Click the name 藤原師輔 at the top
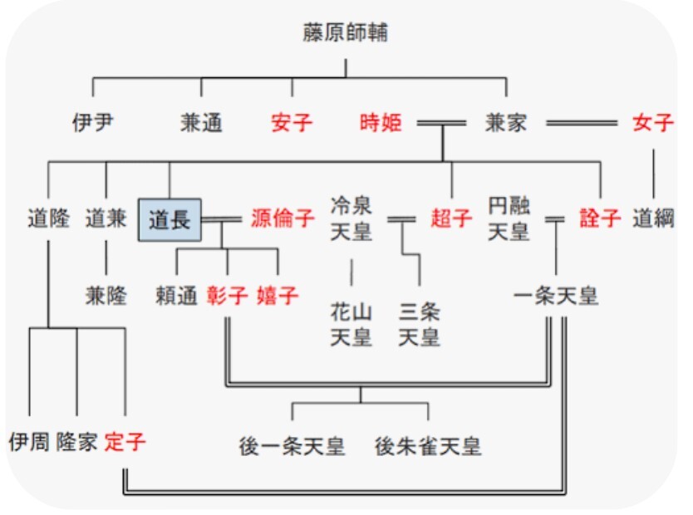click(346, 33)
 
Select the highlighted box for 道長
click(170, 219)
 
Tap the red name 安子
click(292, 124)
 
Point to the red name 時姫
click(381, 124)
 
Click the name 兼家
click(506, 124)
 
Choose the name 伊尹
click(92, 124)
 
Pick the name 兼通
click(201, 124)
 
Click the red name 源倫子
click(283, 219)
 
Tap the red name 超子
click(451, 219)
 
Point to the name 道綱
click(653, 219)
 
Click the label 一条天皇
click(556, 296)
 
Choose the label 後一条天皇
click(292, 446)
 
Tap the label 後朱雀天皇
click(428, 446)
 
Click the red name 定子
click(125, 441)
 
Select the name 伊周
click(29, 441)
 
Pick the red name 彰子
click(227, 296)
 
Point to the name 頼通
click(176, 296)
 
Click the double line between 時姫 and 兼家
click(441, 124)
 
